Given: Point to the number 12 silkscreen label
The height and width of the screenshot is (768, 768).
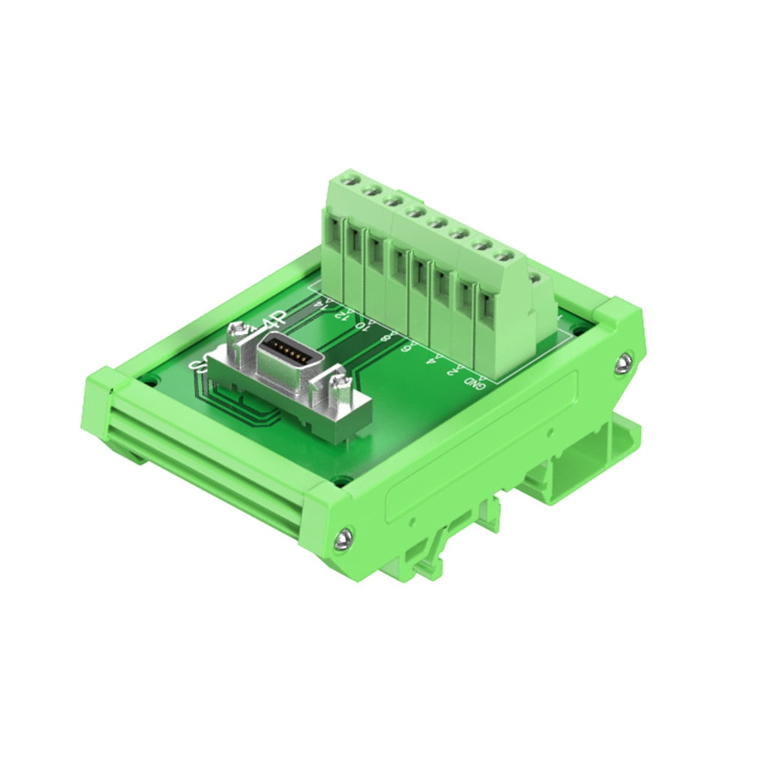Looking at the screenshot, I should (342, 314).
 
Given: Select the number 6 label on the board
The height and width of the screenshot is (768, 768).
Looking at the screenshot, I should (407, 349).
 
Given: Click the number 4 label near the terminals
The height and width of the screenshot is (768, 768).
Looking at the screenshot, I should (430, 360).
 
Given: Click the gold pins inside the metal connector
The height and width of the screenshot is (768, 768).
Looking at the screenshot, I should (285, 351).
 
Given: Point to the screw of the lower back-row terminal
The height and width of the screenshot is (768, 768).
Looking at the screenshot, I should (535, 278).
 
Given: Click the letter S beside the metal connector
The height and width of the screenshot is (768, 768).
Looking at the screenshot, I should (199, 366).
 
